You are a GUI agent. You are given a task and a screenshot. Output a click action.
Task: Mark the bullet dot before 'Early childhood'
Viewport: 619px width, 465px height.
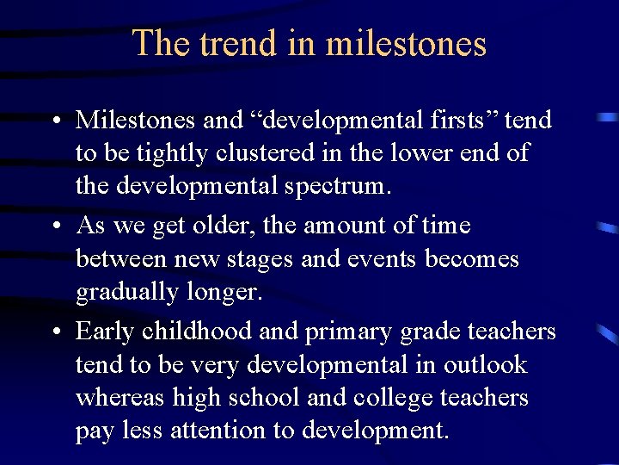tap(55, 332)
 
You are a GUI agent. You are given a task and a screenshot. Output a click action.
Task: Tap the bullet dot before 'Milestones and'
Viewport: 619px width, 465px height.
tap(55, 121)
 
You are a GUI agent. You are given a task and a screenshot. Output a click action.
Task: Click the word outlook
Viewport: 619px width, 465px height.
tap(485, 365)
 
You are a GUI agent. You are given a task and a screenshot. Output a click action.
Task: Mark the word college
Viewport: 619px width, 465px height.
tap(393, 399)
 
